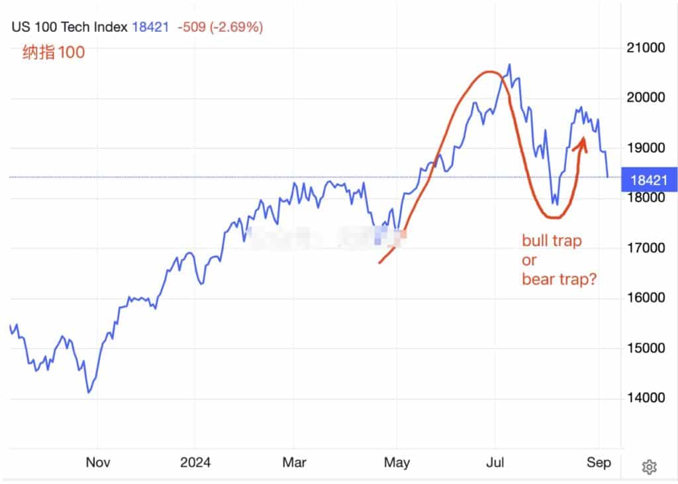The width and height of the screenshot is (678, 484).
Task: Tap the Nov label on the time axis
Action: [97, 463]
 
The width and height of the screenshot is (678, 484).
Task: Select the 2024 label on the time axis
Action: [195, 463]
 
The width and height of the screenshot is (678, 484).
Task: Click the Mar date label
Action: [294, 463]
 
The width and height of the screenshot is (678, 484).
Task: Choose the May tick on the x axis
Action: [397, 463]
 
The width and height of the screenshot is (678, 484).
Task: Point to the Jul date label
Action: [496, 463]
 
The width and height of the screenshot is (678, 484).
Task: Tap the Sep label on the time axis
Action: [599, 463]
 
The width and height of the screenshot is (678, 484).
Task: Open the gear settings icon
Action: [649, 467]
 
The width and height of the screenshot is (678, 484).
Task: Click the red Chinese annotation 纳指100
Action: [54, 52]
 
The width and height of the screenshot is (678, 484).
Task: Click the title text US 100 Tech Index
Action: [69, 27]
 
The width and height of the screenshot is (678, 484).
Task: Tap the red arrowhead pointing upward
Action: [583, 141]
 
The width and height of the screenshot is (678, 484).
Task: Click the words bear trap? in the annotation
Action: [559, 280]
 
